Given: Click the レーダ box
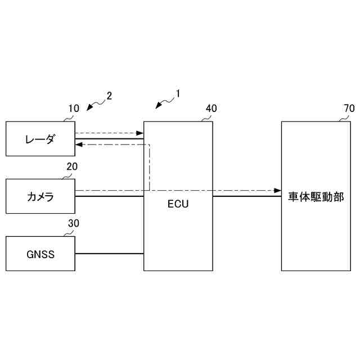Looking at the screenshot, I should pyautogui.click(x=40, y=138).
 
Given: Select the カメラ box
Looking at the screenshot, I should pyautogui.click(x=40, y=196).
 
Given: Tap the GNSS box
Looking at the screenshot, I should pyautogui.click(x=40, y=254).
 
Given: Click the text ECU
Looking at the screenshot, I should pyautogui.click(x=178, y=204).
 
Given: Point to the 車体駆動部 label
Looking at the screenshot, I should pyautogui.click(x=316, y=197).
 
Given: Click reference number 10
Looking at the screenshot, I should pyautogui.click(x=74, y=109).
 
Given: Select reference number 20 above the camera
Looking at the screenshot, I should pyautogui.click(x=72, y=166).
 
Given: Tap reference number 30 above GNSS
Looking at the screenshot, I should pyautogui.click(x=74, y=224).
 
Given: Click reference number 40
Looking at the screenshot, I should pyautogui.click(x=211, y=109).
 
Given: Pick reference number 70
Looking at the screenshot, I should pyautogui.click(x=349, y=109).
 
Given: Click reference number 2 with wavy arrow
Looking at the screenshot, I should pyautogui.click(x=109, y=95).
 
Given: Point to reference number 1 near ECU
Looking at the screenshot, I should pyautogui.click(x=178, y=93).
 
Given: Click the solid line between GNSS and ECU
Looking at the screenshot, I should pyautogui.click(x=109, y=254).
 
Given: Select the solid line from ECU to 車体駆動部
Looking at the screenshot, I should pyautogui.click(x=247, y=196).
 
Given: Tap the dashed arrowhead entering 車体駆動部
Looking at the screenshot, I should pyautogui.click(x=277, y=191).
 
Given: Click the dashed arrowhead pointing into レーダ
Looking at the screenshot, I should pyautogui.click(x=79, y=145).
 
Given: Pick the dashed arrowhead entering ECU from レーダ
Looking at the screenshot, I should pyautogui.click(x=140, y=133).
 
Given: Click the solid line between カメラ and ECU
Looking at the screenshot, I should pyautogui.click(x=109, y=196).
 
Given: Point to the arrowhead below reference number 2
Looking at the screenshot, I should pyautogui.click(x=89, y=109).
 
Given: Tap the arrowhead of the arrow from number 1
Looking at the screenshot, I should pyautogui.click(x=159, y=107).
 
